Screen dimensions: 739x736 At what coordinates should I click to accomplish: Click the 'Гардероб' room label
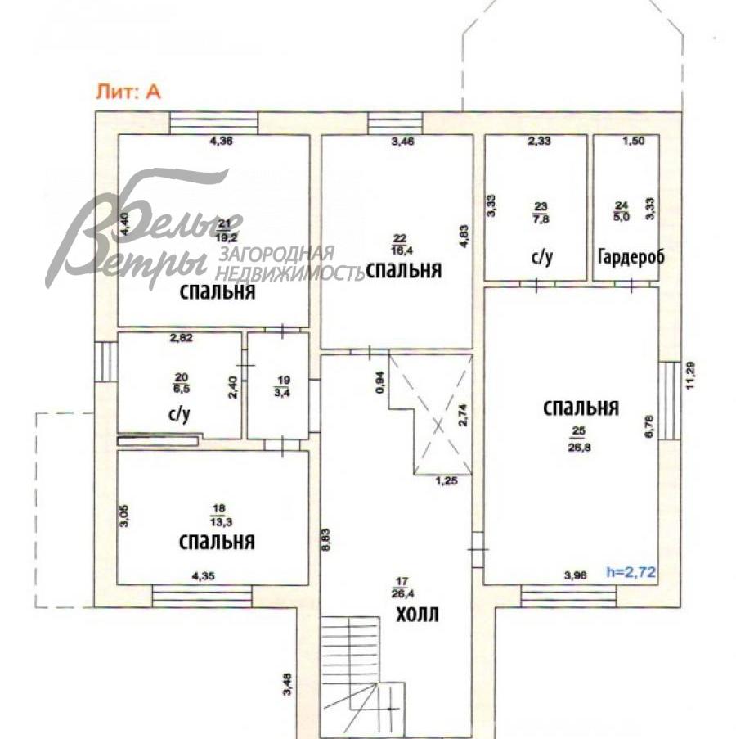pos(631,257)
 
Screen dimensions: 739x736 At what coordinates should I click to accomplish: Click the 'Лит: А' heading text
pos(129,92)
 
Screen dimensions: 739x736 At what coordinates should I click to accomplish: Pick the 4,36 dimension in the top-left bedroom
pos(222,142)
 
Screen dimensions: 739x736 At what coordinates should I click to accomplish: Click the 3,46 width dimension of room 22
pos(403,142)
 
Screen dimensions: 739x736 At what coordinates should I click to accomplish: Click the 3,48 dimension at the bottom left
pos(287,683)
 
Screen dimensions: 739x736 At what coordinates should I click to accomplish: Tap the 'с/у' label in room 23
pos(542,257)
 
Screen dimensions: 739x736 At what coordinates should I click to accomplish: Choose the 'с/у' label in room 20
pos(179,415)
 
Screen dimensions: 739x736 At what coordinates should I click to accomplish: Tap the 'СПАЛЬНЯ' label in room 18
pos(216,541)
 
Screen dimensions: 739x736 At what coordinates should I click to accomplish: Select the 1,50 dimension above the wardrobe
pos(635,142)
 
